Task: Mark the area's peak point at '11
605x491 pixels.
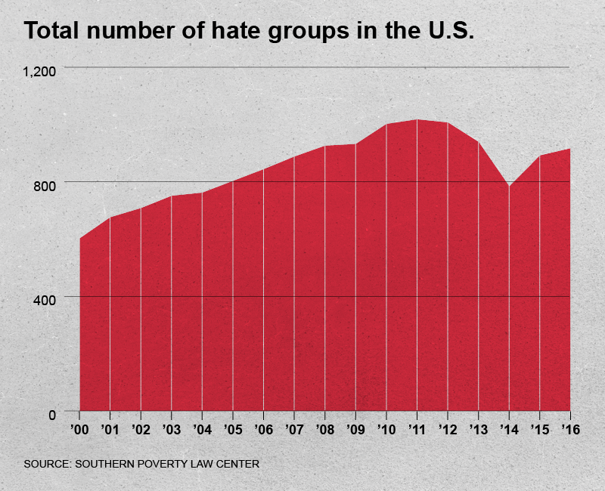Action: coord(417,119)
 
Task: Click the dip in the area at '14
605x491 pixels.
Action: coord(509,186)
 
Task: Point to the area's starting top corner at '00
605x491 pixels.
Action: coord(80,238)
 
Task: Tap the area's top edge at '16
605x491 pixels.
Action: coord(569,149)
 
